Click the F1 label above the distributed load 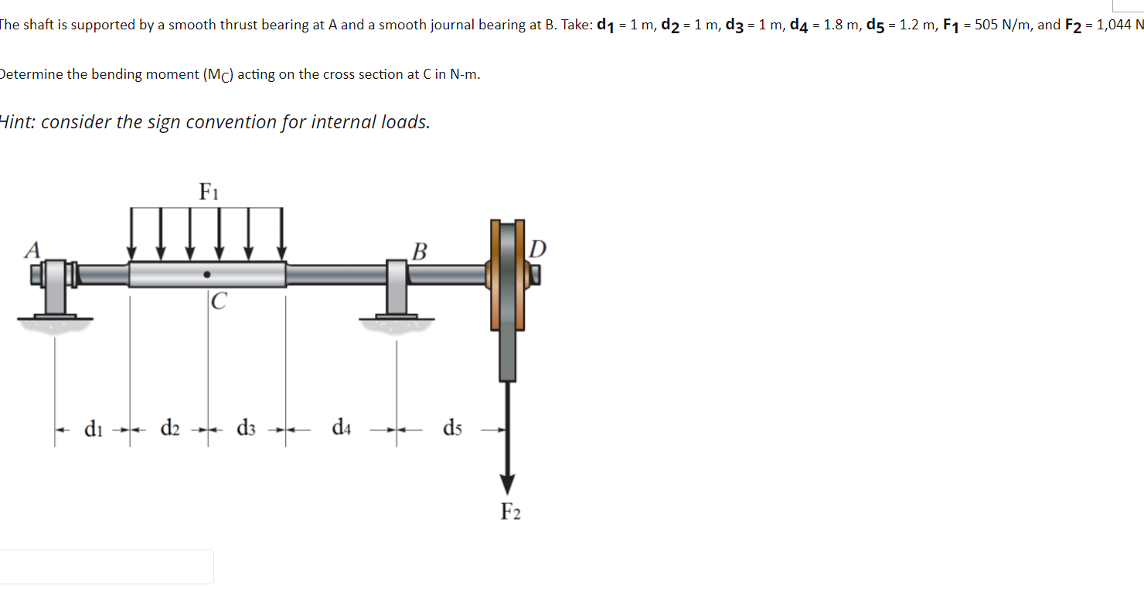(x=208, y=191)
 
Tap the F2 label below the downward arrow (x=510, y=512)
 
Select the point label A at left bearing (x=32, y=249)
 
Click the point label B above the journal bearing (x=419, y=251)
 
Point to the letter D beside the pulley (x=538, y=248)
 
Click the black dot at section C (x=207, y=274)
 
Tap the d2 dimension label (x=170, y=427)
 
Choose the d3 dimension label (x=247, y=427)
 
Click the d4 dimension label (x=341, y=427)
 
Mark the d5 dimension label (x=453, y=427)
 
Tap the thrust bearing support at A (x=54, y=290)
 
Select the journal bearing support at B (x=397, y=290)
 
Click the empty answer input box (x=107, y=567)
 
